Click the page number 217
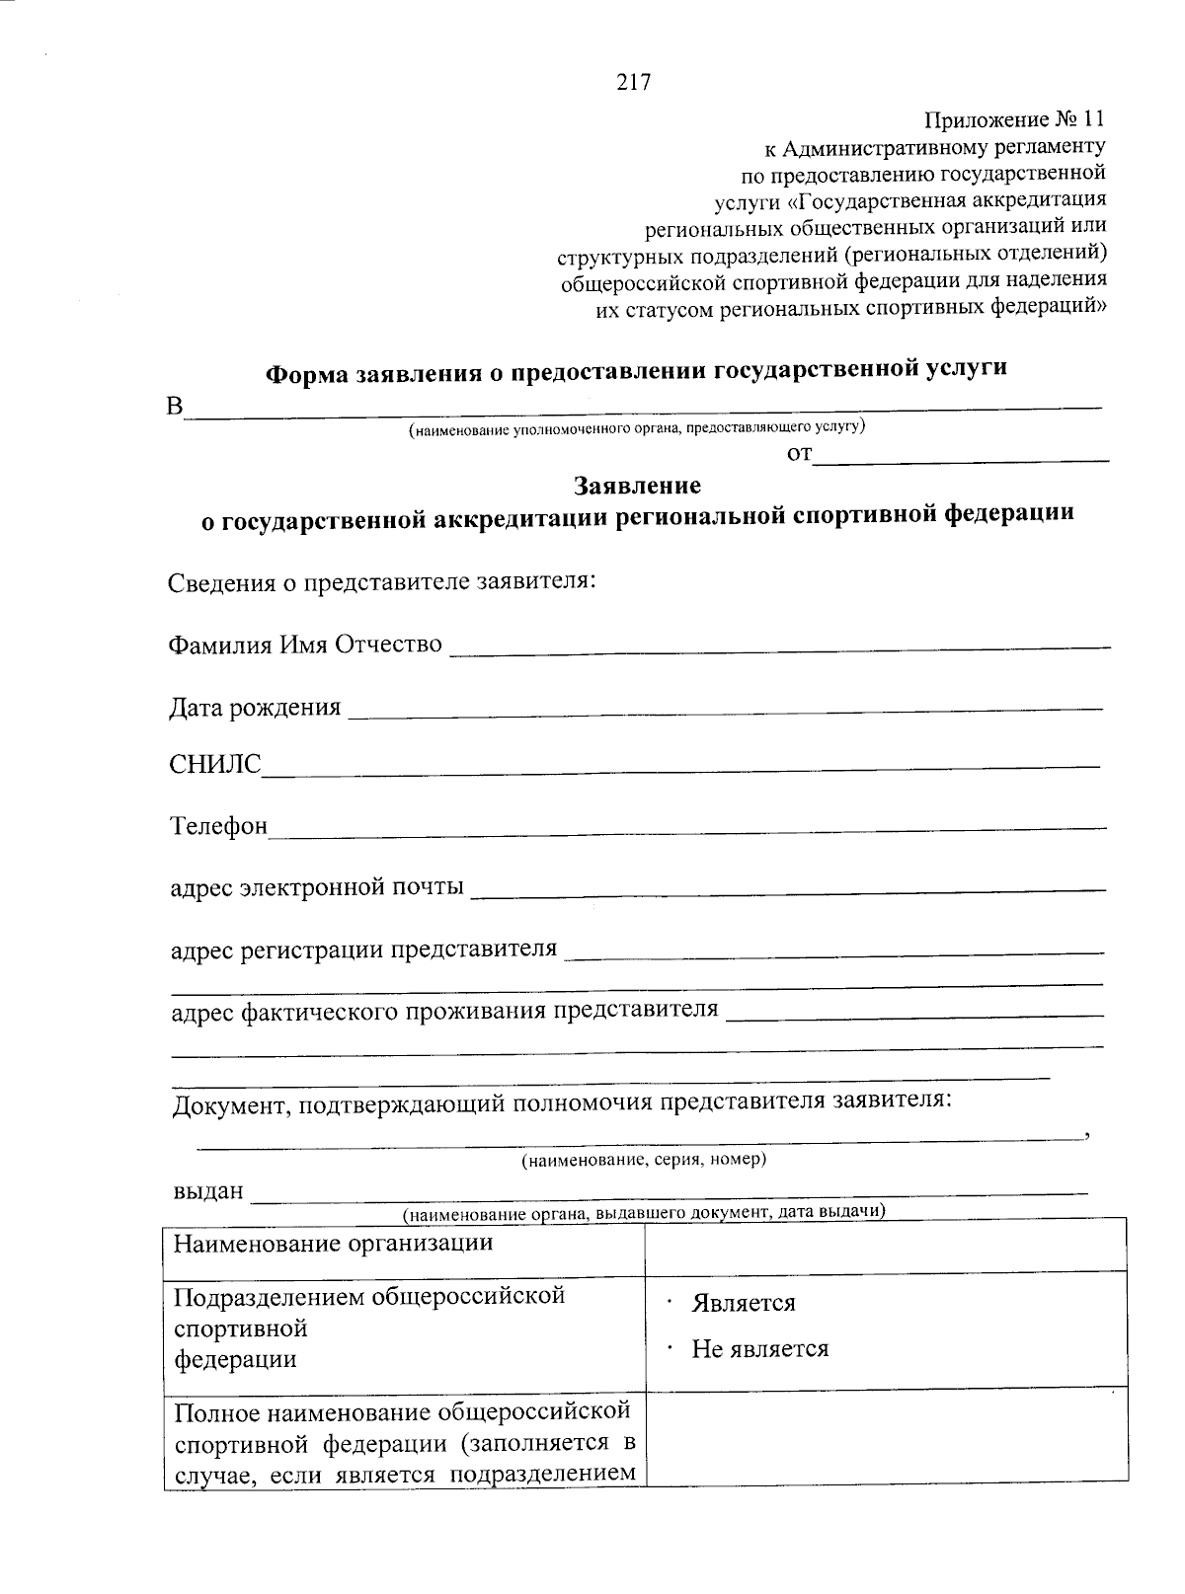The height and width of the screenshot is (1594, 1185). [x=633, y=83]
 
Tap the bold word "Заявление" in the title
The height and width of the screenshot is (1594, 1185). [x=638, y=486]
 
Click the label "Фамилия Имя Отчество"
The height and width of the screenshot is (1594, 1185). [x=305, y=645]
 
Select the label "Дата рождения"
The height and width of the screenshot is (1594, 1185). [x=256, y=708]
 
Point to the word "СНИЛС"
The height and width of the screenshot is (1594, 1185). [x=216, y=766]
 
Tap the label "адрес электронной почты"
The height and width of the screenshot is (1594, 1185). [x=317, y=887]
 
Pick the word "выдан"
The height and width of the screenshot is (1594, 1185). [x=208, y=1191]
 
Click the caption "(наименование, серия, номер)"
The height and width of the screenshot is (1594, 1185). [x=644, y=1159]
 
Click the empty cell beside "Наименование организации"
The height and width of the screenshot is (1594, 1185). [x=885, y=1244]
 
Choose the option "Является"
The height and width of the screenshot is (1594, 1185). [x=744, y=1303]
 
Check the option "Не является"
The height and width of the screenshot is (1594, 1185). [x=759, y=1349]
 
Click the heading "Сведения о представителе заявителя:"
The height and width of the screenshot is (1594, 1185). [x=382, y=581]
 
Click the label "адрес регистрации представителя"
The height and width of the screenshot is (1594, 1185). [x=363, y=949]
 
